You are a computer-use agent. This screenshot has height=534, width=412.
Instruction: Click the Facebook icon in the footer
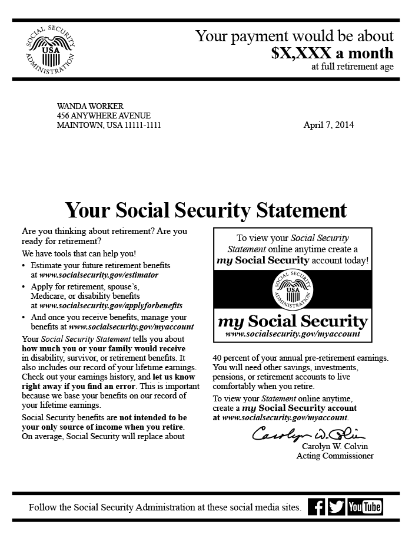(317, 507)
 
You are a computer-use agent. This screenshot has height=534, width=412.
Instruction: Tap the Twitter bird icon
(336, 507)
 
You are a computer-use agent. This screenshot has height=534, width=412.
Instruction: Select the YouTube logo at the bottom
(365, 507)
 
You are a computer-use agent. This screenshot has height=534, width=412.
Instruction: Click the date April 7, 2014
(328, 125)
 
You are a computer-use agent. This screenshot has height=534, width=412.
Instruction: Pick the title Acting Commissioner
(335, 456)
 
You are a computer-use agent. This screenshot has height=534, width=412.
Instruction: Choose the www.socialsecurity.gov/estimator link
(99, 275)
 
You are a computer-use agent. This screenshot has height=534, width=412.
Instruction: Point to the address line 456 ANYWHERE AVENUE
(104, 116)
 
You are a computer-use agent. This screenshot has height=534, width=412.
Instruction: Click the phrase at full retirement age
(353, 67)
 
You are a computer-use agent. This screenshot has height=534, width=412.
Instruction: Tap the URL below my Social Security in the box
(293, 334)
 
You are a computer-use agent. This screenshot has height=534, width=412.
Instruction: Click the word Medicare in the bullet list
(49, 296)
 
